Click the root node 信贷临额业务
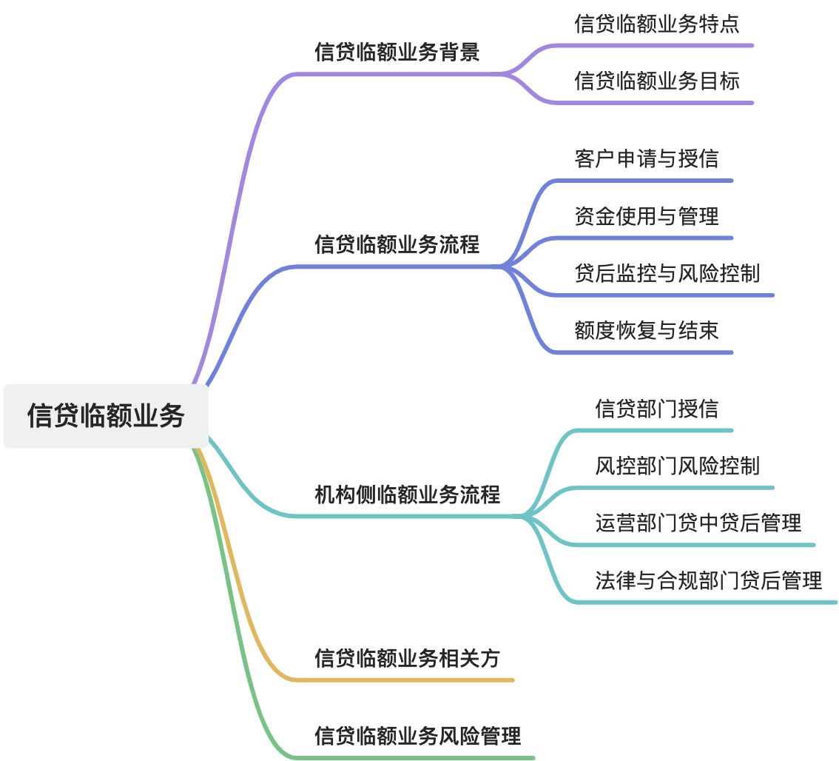point(106,415)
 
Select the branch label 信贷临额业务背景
point(397,53)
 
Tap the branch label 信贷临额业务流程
point(397,244)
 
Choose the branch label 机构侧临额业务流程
point(408,494)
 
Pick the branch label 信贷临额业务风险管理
point(418,735)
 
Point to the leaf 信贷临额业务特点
point(657,24)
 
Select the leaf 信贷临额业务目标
point(657,81)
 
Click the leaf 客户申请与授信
point(647,158)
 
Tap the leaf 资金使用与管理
point(647,215)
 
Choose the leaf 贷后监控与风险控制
point(667,273)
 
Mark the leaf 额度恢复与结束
point(647,330)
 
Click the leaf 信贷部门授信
point(657,408)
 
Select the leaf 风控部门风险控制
point(678,466)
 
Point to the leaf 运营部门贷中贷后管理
point(698,523)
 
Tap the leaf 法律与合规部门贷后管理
point(709,580)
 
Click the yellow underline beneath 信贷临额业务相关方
point(407,680)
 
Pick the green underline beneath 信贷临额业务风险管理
point(414,758)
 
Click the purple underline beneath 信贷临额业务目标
point(651,102)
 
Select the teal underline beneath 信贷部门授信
point(651,430)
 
